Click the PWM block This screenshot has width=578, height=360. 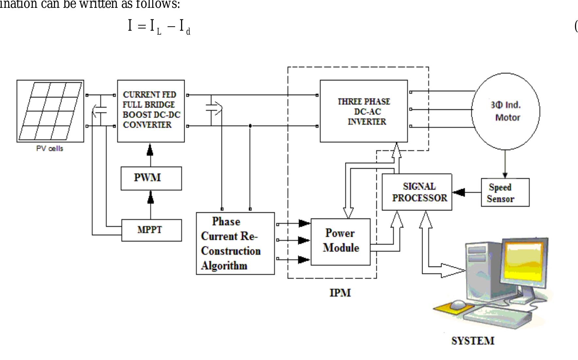[151, 178]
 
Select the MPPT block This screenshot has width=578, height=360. [151, 230]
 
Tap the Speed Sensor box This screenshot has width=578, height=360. [505, 192]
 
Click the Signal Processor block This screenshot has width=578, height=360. [417, 192]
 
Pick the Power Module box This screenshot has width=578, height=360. [340, 242]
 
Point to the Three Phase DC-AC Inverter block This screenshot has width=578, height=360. [364, 111]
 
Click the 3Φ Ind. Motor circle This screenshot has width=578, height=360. [505, 111]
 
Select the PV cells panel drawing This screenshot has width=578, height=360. [50, 111]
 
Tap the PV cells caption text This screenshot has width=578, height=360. [50, 149]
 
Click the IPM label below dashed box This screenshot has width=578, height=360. [340, 293]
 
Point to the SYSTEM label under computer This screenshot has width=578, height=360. [473, 341]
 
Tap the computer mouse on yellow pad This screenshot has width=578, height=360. [458, 305]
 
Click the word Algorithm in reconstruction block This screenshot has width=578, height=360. [224, 265]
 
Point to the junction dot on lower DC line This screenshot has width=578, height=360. [250, 126]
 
